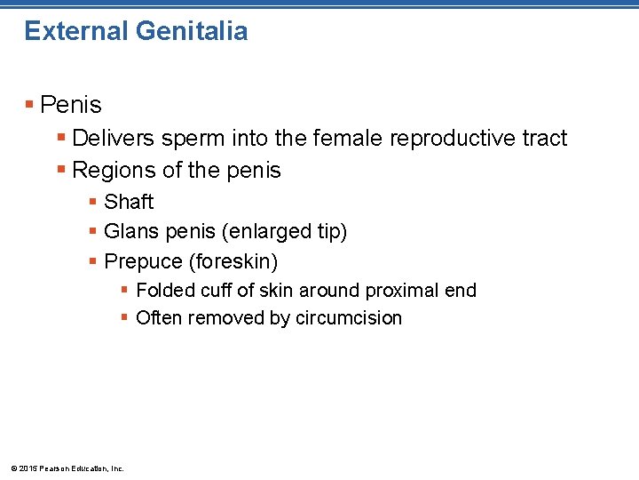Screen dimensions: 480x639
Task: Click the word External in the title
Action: tap(76, 31)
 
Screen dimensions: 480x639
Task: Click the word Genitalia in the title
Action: tap(192, 31)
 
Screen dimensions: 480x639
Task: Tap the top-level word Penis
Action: tap(71, 105)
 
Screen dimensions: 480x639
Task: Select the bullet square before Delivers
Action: tap(61, 138)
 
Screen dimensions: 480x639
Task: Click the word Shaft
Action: tap(129, 202)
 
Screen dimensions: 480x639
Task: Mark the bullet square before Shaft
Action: tap(93, 202)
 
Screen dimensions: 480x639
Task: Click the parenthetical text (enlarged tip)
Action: tap(285, 232)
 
